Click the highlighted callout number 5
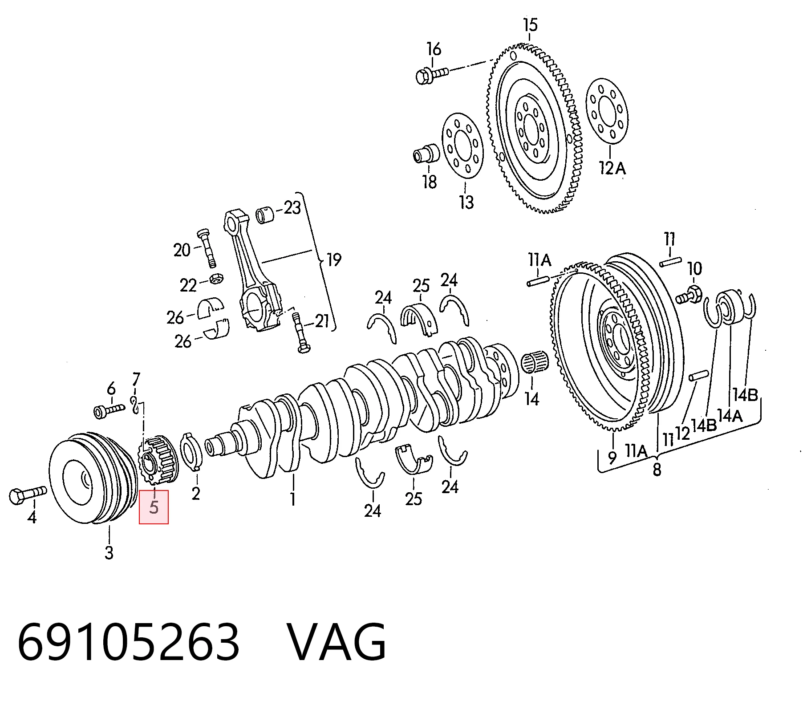pyautogui.click(x=154, y=507)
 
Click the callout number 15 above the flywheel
pyautogui.click(x=530, y=25)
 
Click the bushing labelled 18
pyautogui.click(x=426, y=153)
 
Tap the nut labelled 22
pyautogui.click(x=216, y=279)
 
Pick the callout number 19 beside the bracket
pyautogui.click(x=334, y=259)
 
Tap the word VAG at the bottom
pyautogui.click(x=337, y=642)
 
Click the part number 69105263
pyautogui.click(x=128, y=642)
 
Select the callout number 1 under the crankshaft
pyautogui.click(x=292, y=498)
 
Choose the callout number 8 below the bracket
pyautogui.click(x=657, y=469)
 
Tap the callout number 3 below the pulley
pyautogui.click(x=109, y=552)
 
